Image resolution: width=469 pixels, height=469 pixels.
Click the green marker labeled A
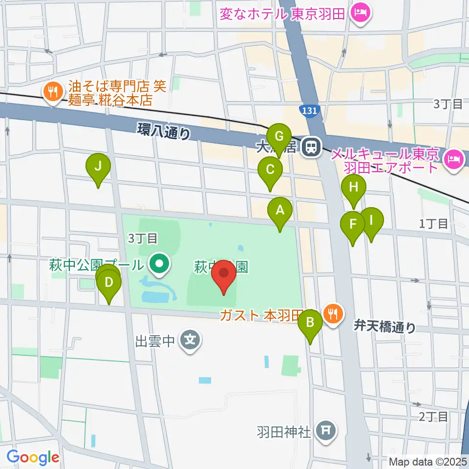280,211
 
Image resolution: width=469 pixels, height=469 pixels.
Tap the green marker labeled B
310,322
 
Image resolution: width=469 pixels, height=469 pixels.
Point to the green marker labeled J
98,167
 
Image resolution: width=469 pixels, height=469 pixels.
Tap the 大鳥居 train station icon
310,147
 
